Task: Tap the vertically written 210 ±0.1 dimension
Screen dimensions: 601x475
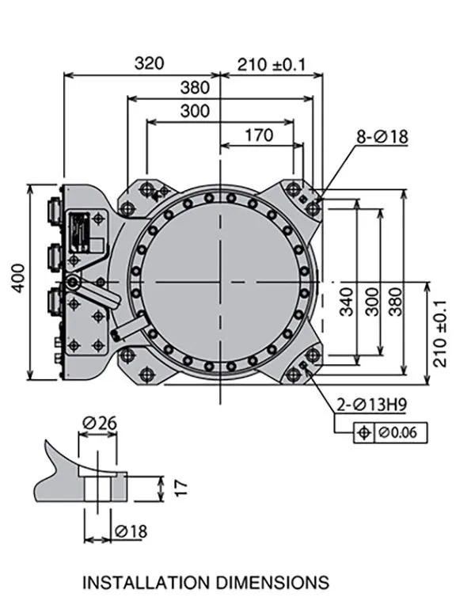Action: (x=440, y=333)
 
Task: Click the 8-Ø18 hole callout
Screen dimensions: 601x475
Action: (x=381, y=137)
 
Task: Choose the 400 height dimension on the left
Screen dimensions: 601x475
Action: (x=18, y=276)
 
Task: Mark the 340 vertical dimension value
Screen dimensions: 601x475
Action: (x=347, y=301)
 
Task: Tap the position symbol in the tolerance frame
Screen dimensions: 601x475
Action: (x=364, y=432)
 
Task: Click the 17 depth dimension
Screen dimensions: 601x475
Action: (x=180, y=486)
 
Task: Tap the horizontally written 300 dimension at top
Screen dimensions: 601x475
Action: (x=196, y=111)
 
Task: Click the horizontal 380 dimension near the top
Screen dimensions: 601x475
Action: (x=196, y=87)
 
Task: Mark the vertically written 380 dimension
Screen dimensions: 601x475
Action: (x=395, y=301)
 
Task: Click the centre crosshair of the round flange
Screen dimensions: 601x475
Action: (x=220, y=282)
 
